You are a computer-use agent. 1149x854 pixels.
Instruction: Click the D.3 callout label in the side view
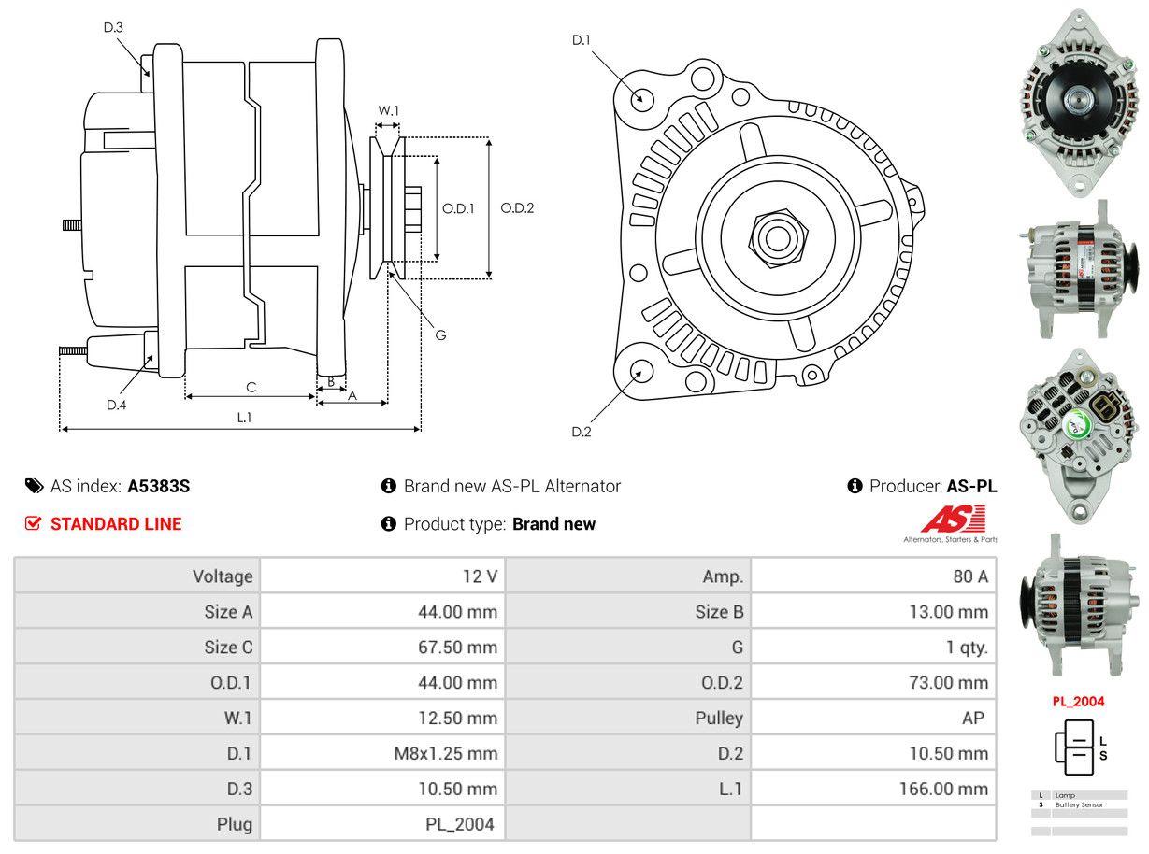[113, 27]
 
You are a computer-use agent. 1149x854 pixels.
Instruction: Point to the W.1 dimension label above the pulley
[388, 110]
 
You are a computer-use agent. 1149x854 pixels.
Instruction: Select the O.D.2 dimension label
[517, 207]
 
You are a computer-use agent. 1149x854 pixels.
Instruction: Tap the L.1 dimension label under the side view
[244, 418]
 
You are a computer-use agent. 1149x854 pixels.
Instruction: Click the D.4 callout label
[116, 405]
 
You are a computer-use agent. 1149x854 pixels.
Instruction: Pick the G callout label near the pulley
[440, 334]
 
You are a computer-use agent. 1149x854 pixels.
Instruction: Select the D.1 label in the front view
[582, 39]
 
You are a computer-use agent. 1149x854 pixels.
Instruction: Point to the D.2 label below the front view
[582, 432]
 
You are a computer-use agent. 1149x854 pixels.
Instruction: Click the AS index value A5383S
[159, 486]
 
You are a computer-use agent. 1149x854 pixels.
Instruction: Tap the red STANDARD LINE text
[116, 524]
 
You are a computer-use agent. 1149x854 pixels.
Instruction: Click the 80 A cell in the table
[969, 576]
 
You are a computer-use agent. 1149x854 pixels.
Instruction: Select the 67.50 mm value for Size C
[457, 648]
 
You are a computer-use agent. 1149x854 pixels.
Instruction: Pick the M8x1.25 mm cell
[445, 753]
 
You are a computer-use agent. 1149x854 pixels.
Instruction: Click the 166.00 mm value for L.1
[943, 789]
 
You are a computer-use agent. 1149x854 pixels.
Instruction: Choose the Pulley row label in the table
[719, 718]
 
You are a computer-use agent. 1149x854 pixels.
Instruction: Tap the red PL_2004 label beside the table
[1078, 702]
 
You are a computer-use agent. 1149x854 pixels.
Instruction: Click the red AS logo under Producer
[953, 520]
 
